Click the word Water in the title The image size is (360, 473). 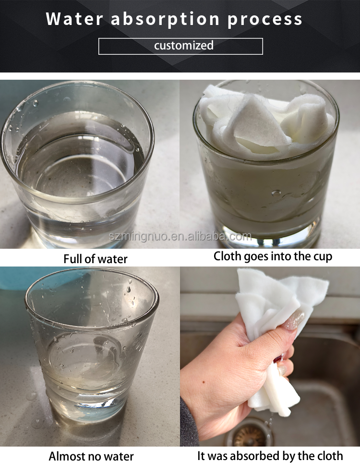[74, 19]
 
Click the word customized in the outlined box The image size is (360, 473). [184, 45]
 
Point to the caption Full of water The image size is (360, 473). [95, 259]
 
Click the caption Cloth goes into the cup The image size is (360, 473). [273, 257]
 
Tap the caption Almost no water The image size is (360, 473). [91, 456]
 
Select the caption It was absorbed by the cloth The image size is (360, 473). [270, 456]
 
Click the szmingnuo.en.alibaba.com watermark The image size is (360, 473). [180, 236]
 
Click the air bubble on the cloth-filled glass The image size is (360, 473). [276, 192]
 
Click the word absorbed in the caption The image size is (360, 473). [252, 456]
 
